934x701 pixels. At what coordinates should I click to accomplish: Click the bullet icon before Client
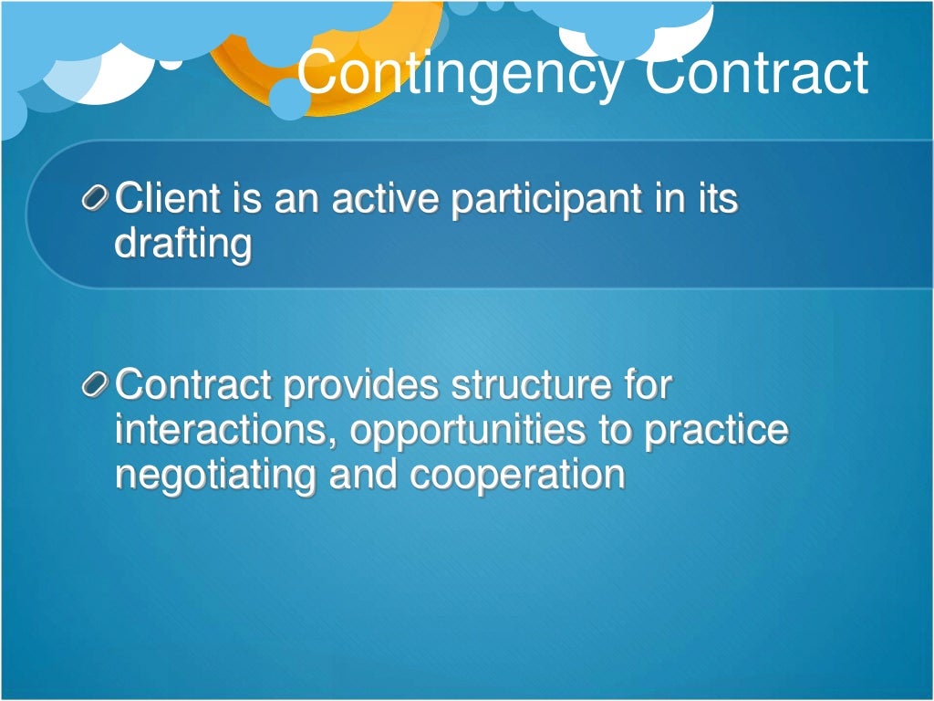click(96, 199)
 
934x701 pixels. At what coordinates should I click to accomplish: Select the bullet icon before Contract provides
click(96, 386)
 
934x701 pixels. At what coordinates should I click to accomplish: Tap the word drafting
click(182, 245)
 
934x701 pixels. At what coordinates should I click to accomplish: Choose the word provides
click(362, 386)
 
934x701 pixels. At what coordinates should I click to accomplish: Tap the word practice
click(716, 432)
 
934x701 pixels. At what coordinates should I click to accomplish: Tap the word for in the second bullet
click(648, 385)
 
